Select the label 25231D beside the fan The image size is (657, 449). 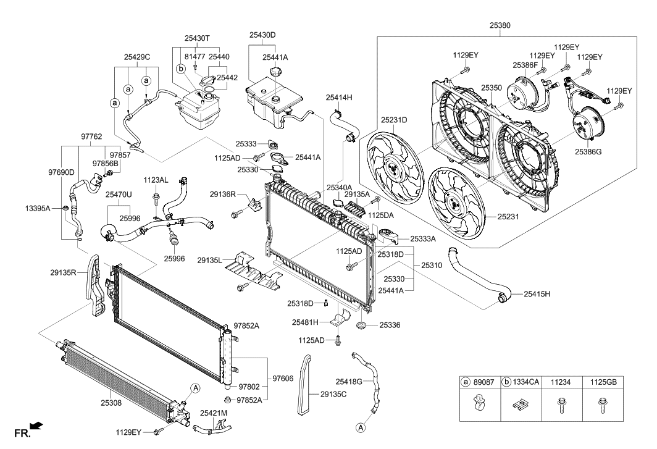(x=393, y=120)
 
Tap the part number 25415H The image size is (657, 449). (x=538, y=294)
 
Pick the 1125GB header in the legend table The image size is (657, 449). (x=603, y=383)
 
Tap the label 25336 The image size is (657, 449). (x=390, y=324)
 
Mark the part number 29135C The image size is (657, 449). (x=333, y=393)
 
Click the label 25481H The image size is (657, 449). (x=305, y=322)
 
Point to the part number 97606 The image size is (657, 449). (x=283, y=378)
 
